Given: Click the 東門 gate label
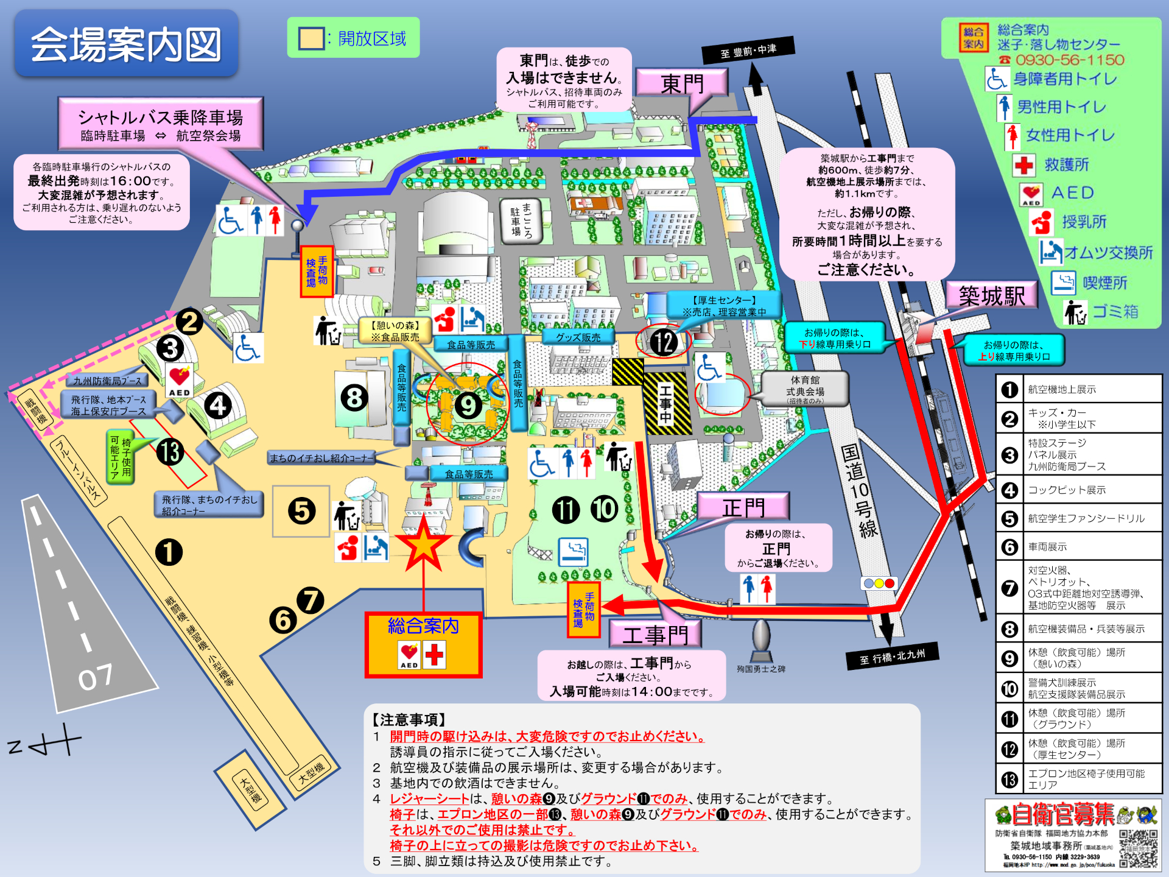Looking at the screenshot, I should [682, 83].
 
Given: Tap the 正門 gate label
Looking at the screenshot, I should [743, 507].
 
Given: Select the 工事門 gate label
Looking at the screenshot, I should [655, 635].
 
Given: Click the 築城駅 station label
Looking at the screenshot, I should [992, 296].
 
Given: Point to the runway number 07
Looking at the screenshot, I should [95, 677].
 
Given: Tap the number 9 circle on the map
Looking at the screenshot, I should [468, 406].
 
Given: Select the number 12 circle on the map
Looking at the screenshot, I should [663, 342].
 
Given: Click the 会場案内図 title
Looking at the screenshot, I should [126, 44].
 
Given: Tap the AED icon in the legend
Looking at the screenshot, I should [1031, 194].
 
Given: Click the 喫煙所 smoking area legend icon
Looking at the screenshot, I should [1064, 283].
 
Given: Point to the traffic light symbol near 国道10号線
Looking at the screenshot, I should [879, 583].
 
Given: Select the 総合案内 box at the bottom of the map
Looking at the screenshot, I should [423, 644].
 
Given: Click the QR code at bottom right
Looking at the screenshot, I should [1138, 848].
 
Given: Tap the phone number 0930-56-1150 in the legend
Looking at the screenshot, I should [1069, 60].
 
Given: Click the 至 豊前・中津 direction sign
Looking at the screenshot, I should [748, 51].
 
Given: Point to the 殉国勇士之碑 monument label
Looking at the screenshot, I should [761, 669].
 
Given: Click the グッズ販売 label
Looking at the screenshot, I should [578, 337].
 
